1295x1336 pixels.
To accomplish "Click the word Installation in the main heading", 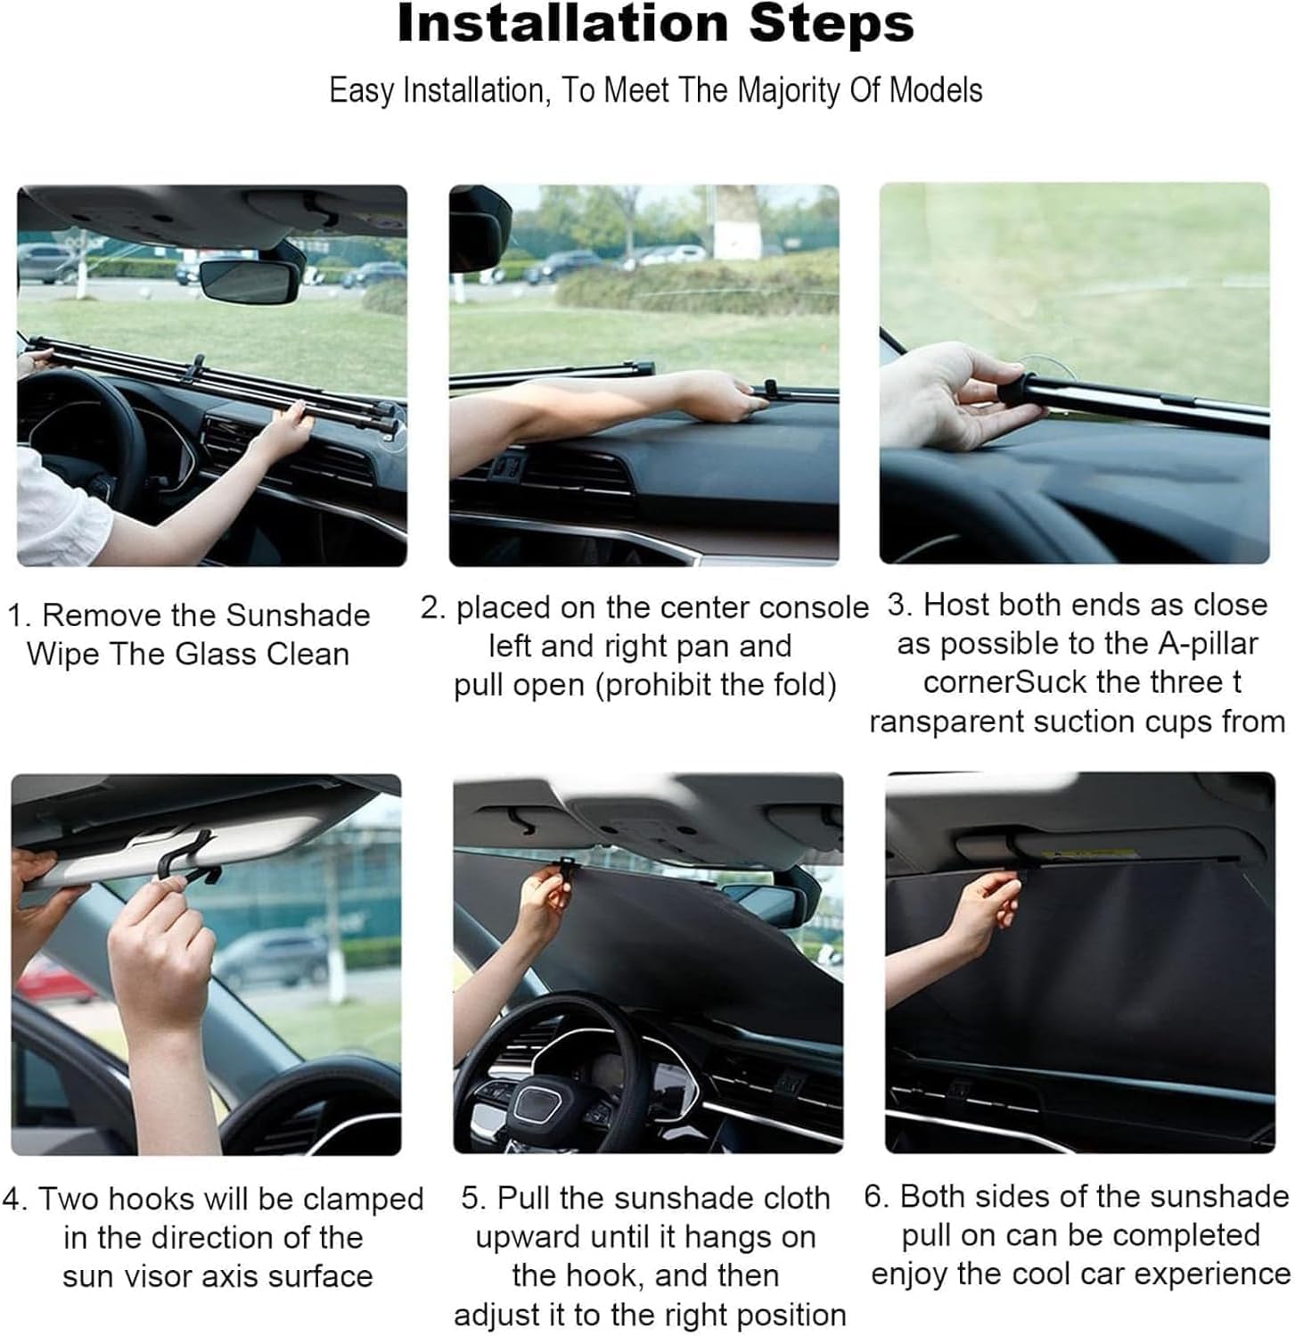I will click(x=562, y=24).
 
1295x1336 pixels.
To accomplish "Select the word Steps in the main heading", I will click(x=832, y=24).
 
